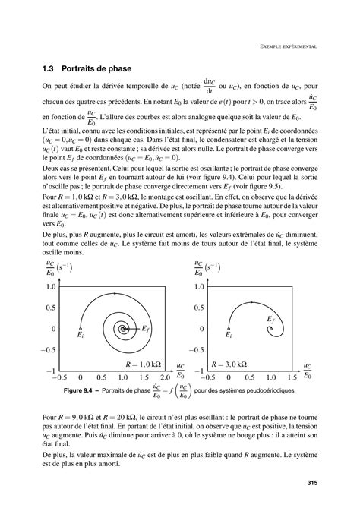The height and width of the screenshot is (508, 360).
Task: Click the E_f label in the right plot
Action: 270,321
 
